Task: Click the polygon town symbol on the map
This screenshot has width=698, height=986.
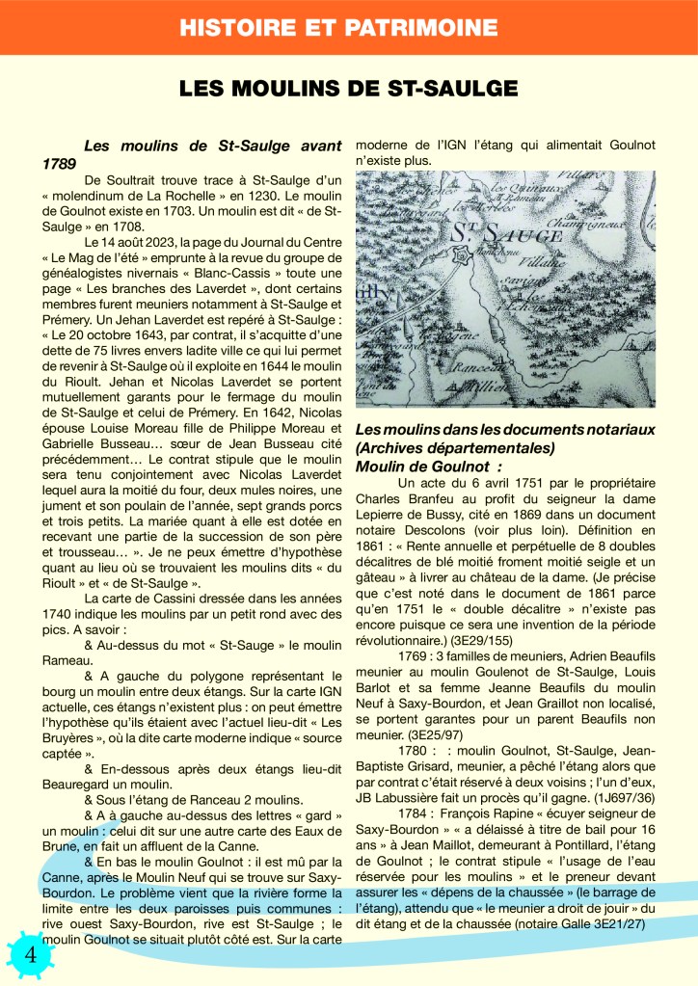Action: [x=463, y=255]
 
